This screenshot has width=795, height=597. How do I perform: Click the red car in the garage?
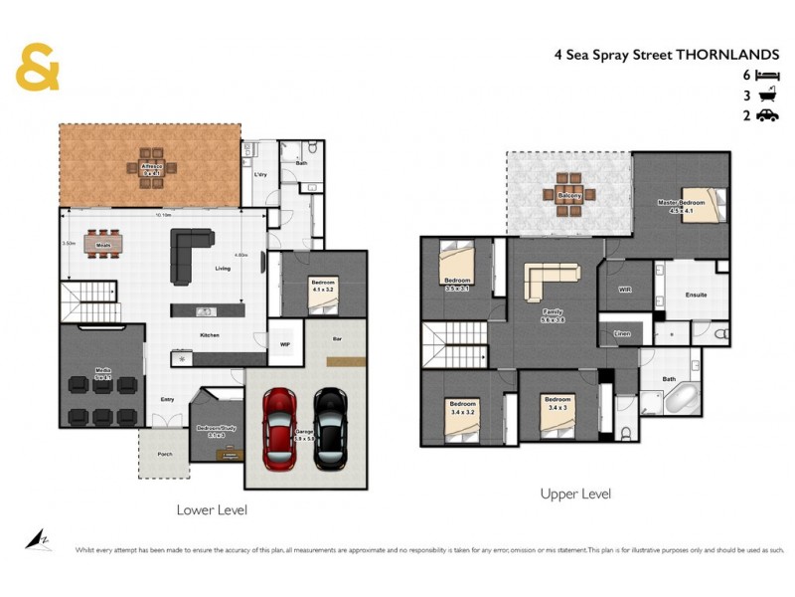tap(280, 427)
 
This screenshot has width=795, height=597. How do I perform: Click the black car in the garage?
tap(329, 427)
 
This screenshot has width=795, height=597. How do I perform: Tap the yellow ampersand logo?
tap(38, 69)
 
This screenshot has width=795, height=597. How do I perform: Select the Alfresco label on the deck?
tap(152, 167)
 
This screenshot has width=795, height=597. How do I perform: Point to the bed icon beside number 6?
tap(766, 76)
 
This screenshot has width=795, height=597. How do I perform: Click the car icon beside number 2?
tap(766, 116)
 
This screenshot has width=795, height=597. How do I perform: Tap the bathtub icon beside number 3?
tap(766, 97)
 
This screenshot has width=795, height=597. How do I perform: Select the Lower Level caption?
tap(211, 509)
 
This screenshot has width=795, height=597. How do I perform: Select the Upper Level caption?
tap(575, 494)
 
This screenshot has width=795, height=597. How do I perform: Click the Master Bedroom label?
tap(681, 204)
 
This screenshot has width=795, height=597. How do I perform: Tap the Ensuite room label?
tap(697, 296)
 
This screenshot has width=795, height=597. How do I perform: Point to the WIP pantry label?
tap(285, 345)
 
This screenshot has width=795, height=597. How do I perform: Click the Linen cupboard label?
tap(622, 333)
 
